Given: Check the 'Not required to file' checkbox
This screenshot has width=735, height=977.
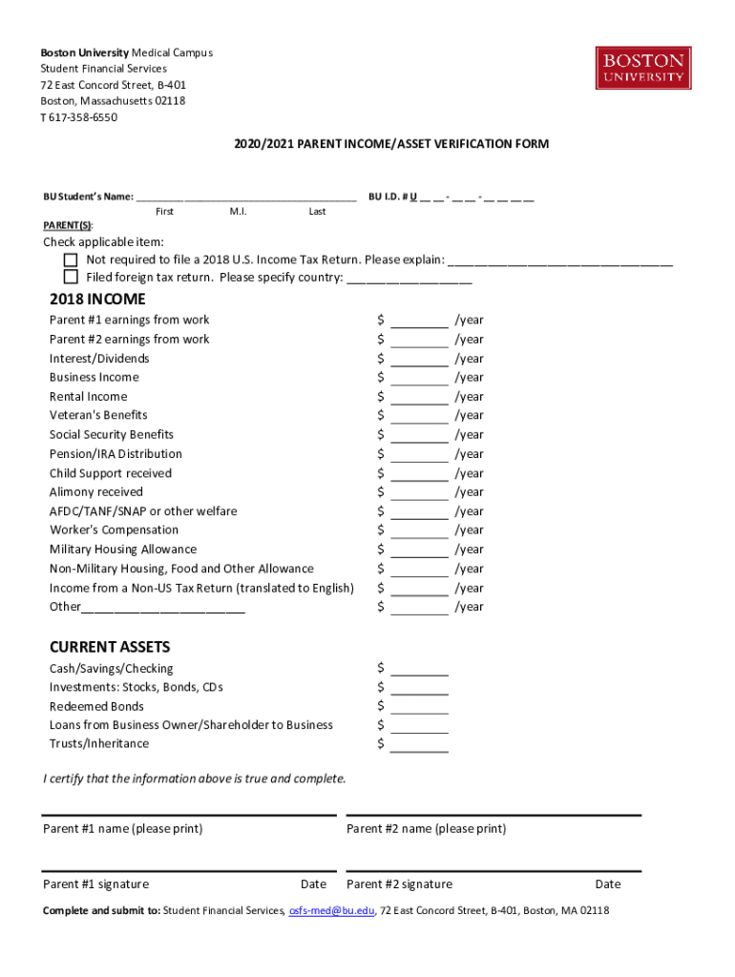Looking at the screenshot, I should pos(71,260).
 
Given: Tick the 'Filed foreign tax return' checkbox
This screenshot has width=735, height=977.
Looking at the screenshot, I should pos(71,277).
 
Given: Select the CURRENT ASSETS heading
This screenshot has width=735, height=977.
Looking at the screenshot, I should pos(110,647).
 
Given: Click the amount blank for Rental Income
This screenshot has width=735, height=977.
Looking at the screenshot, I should pos(419,397).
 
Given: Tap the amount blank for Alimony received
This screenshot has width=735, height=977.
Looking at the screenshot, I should pos(419,492).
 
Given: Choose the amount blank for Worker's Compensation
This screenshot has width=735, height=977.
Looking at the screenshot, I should pos(419,530).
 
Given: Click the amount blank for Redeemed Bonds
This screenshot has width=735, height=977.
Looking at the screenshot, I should pos(419,707).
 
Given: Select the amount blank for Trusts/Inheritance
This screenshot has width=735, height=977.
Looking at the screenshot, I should pos(419,744).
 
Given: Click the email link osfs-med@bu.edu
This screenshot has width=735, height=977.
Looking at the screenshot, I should pos(331,910).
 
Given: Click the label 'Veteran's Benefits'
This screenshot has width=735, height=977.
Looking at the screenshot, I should pos(98,415).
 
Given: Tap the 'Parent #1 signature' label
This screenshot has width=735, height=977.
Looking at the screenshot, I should pos(95,884).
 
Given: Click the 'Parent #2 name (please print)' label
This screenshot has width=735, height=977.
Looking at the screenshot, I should pos(426,829).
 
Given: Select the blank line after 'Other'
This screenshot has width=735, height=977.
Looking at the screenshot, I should pos(163,608).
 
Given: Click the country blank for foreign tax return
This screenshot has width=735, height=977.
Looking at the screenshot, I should pos(409,279).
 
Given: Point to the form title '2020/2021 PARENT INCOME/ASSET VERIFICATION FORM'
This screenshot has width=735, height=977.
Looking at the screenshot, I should pos(391,144).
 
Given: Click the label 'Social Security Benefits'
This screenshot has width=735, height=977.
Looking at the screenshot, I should pos(112,434).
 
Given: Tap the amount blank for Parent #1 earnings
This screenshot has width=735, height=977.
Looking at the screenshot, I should pos(419,321).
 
